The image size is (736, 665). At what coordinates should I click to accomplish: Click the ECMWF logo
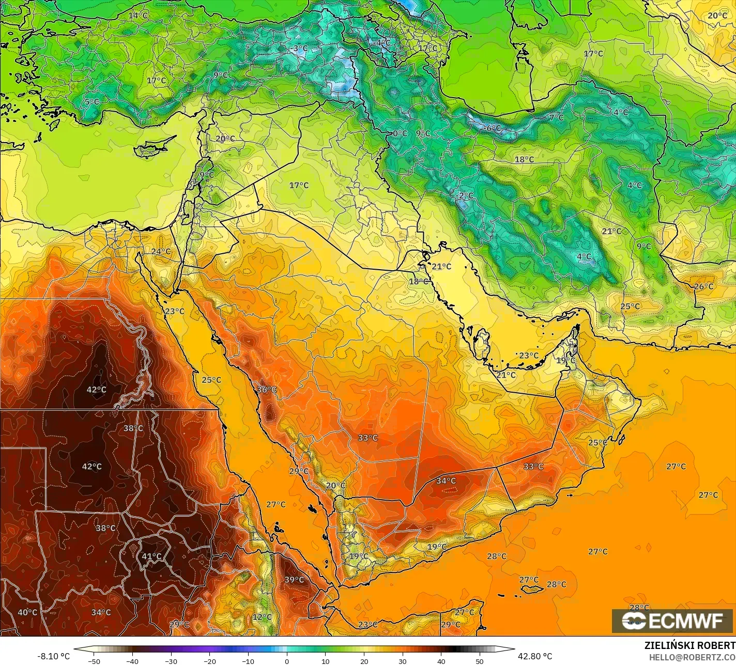tap(672, 621)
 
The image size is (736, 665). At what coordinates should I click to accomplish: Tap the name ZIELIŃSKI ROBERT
tap(689, 646)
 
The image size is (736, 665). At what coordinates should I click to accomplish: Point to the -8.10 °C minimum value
tap(53, 656)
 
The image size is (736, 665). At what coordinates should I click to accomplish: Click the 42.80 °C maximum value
tap(534, 656)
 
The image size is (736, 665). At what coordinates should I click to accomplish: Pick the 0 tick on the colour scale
tap(287, 661)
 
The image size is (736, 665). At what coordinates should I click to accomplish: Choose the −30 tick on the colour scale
tap(171, 661)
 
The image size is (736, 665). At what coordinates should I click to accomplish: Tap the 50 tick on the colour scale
tap(480, 661)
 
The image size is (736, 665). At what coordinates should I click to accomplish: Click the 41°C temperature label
tap(151, 556)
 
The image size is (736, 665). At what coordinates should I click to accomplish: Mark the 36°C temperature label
tap(267, 390)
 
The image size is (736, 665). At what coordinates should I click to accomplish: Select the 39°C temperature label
tap(294, 580)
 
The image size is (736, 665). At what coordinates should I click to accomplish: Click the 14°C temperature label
tap(138, 16)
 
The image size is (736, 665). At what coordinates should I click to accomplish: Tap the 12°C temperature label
tap(262, 617)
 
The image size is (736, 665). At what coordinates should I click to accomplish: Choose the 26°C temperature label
tap(703, 286)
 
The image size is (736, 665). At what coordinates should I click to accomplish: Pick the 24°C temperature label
tap(161, 252)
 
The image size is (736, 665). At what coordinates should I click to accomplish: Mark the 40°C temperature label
tap(27, 612)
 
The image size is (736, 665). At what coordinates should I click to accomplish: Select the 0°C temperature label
tap(399, 133)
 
